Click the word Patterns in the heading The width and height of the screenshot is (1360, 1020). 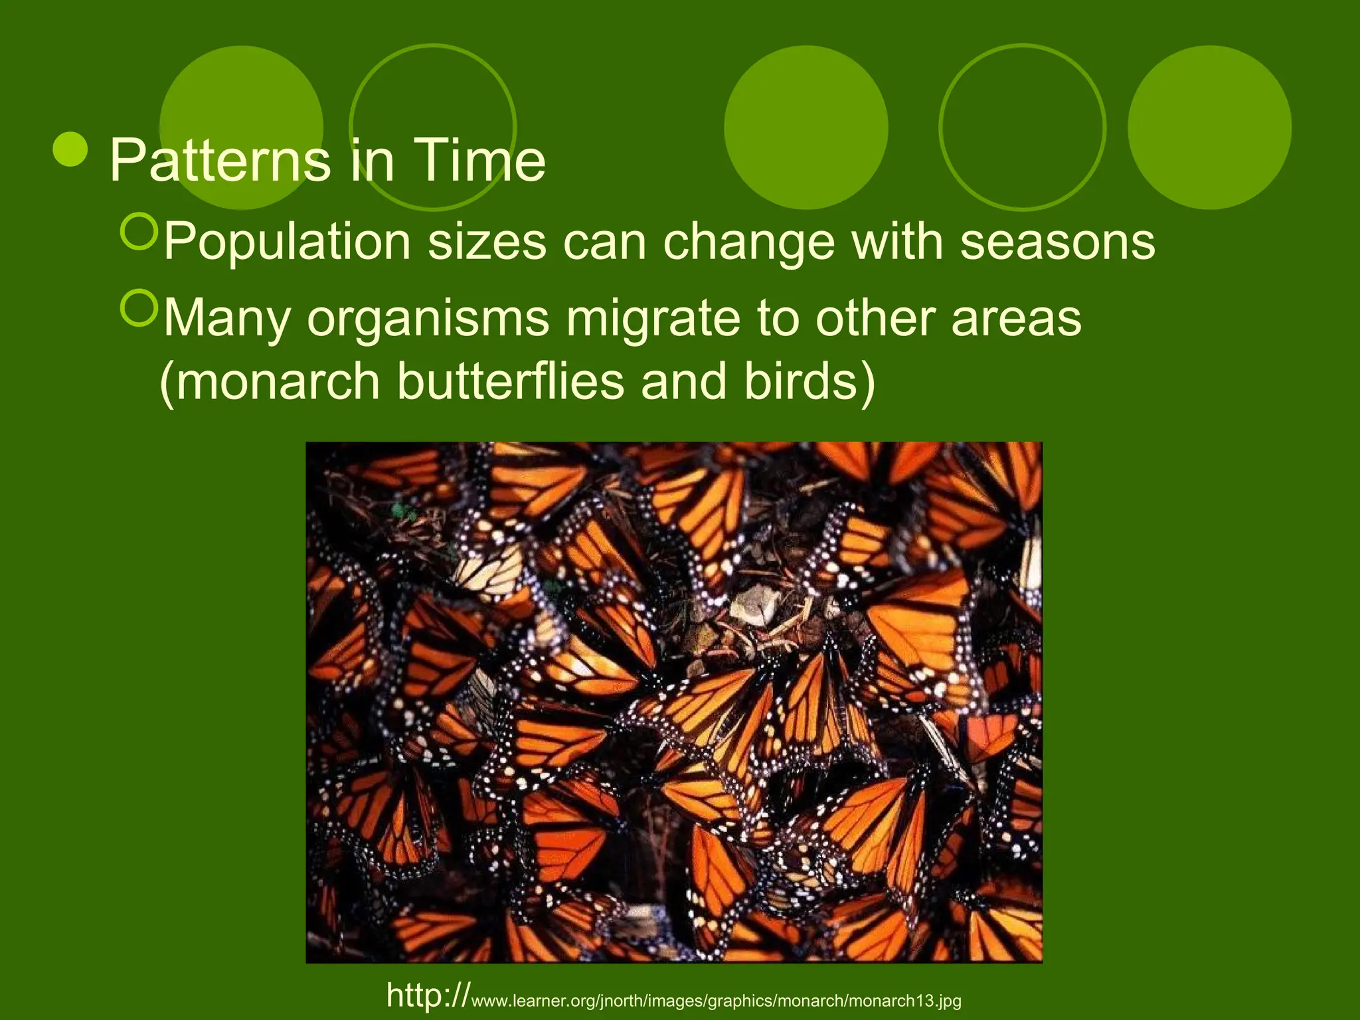click(x=219, y=161)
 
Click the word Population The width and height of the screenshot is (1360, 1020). click(x=287, y=242)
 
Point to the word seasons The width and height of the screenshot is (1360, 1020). click(x=1057, y=242)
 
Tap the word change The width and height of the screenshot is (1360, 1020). click(x=748, y=242)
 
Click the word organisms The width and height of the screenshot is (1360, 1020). click(x=428, y=319)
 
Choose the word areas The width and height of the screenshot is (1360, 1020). click(x=1016, y=319)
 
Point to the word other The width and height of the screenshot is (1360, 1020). click(x=875, y=319)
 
